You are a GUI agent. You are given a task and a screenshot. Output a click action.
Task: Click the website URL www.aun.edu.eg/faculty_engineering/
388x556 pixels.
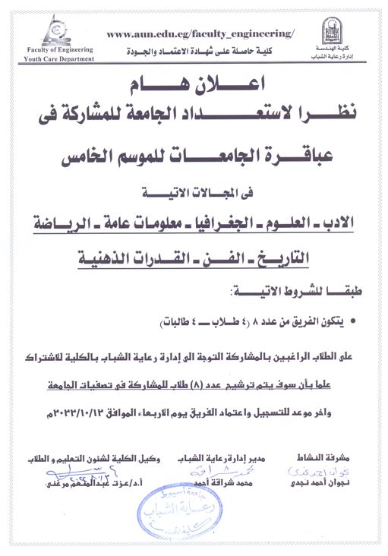pyautogui.click(x=200, y=34)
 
